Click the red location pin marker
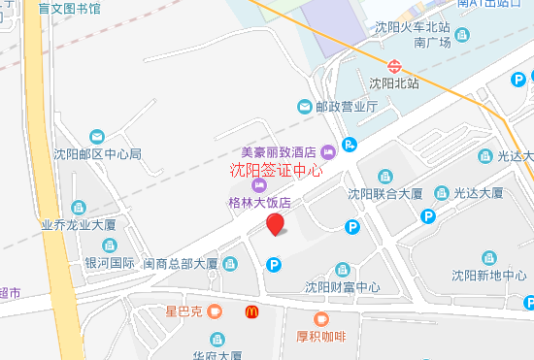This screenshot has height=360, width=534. (276, 225)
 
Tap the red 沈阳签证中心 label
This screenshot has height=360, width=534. (276, 169)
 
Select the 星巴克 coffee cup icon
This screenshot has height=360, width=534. (215, 312)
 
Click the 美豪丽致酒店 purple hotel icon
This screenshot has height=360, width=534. (327, 150)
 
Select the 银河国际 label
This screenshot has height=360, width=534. (109, 262)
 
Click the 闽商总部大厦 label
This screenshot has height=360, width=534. (181, 262)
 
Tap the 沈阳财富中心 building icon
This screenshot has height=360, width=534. (342, 270)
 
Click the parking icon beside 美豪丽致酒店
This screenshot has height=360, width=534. (350, 145)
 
